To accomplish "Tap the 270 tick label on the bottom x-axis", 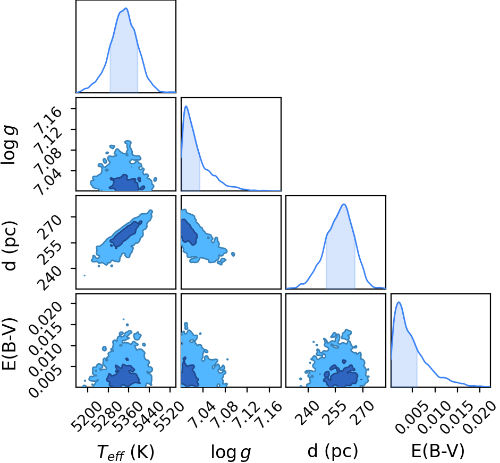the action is [x=363, y=411].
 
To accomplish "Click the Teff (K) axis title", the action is [x=125, y=452].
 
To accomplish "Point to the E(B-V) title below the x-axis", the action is [x=438, y=451].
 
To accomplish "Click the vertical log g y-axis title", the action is [x=10, y=145].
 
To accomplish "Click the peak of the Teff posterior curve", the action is [x=126, y=8].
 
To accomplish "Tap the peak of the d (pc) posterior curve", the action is [x=344, y=204].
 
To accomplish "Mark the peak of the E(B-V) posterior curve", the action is [x=399, y=302].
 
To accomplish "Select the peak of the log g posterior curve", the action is [x=186, y=106].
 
